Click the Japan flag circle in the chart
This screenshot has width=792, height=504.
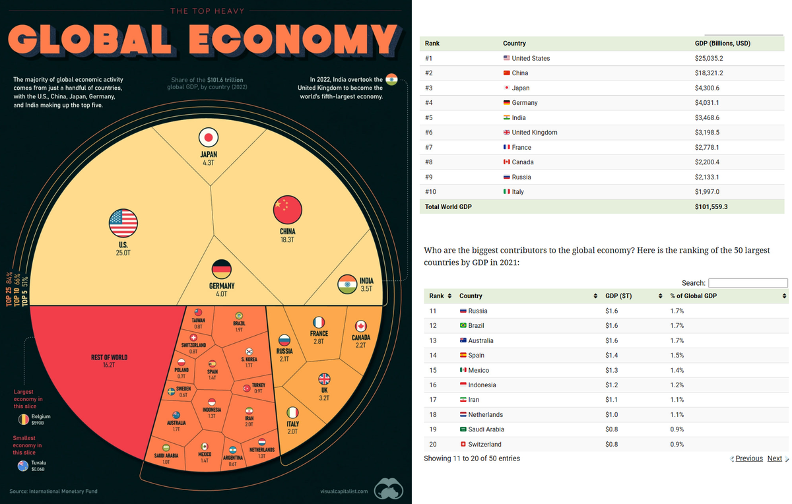tap(209, 138)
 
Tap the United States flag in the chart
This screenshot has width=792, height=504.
tap(123, 223)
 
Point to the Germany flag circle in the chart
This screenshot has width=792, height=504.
tap(221, 270)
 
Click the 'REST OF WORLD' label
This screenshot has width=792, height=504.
tap(109, 358)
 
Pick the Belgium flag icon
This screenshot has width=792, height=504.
tap(24, 419)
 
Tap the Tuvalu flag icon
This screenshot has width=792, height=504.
tap(24, 466)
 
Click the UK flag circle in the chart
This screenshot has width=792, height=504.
tap(324, 379)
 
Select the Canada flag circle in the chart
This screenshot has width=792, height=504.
tap(360, 326)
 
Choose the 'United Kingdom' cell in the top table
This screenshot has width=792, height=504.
tap(534, 133)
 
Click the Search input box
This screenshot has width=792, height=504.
tap(748, 283)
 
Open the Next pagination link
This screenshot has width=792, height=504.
tap(775, 458)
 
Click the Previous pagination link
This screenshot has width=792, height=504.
tap(748, 458)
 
